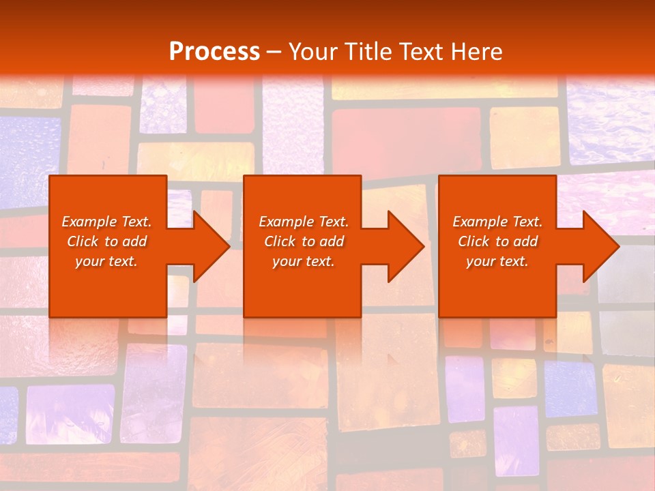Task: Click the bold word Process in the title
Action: [214, 52]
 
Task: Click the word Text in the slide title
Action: [420, 52]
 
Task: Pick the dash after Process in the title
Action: [274, 53]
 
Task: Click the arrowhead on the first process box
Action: [209, 246]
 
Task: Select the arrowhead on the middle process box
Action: [403, 246]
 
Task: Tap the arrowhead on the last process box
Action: [598, 246]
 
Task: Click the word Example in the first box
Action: [89, 222]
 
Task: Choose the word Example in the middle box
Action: [286, 222]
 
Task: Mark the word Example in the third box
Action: [480, 222]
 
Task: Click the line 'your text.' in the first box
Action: [106, 261]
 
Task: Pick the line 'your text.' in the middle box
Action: [303, 261]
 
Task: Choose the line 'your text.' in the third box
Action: [497, 261]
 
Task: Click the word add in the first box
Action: [134, 241]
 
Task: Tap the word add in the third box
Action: [525, 241]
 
